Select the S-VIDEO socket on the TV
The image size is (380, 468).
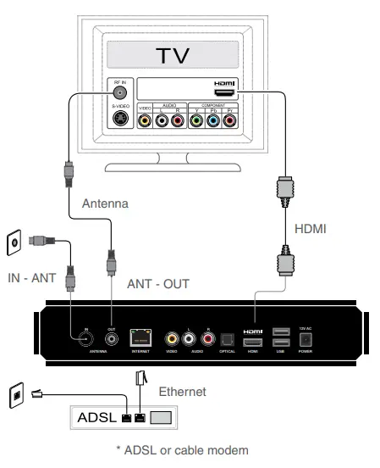(x=121, y=119)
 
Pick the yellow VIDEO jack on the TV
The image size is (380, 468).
(x=146, y=121)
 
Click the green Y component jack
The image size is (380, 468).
(x=196, y=121)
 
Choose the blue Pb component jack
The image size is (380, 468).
(x=212, y=121)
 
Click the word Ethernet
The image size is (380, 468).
(x=182, y=391)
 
